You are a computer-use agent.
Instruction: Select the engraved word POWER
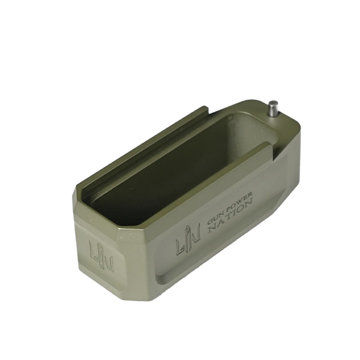click(x=239, y=201)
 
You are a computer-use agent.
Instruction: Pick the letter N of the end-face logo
click(x=107, y=262)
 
